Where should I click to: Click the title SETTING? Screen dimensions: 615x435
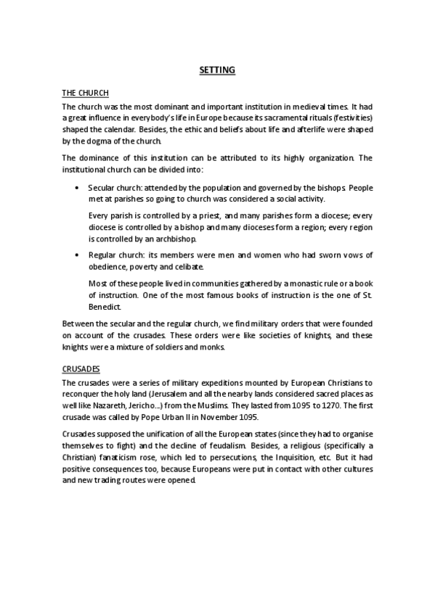[217, 70]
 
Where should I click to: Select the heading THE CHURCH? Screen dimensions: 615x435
[85, 94]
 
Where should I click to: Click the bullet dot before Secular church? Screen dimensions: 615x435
[78, 188]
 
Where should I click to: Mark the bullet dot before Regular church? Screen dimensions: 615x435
[78, 255]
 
